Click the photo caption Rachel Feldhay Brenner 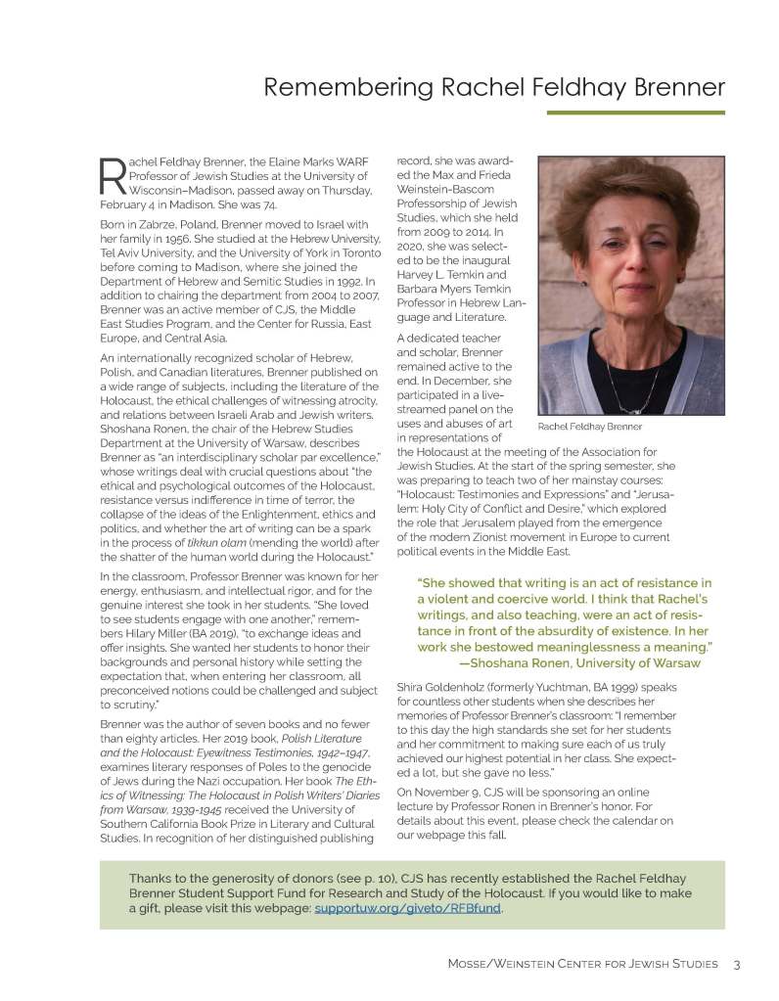coord(590,427)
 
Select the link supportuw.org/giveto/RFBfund coord(408,908)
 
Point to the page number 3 coord(736,965)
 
